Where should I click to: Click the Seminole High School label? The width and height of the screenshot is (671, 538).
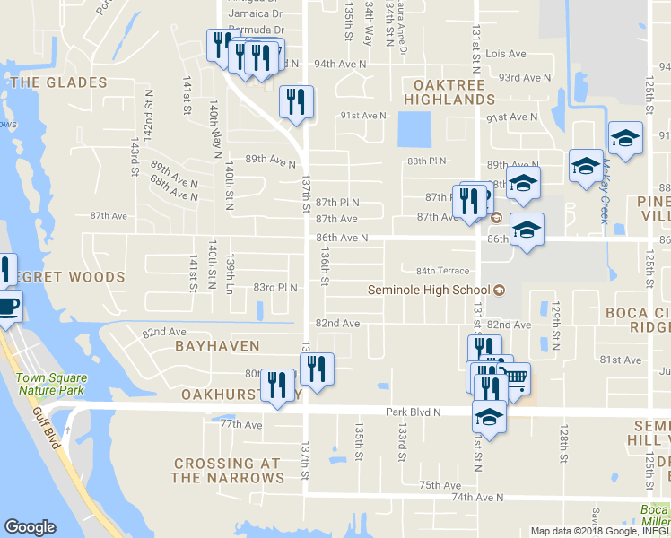click(429, 290)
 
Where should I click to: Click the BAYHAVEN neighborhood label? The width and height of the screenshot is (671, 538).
click(217, 345)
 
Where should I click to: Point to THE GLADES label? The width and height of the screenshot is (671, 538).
click(58, 82)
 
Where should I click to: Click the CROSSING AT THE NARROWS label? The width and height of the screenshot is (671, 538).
click(228, 471)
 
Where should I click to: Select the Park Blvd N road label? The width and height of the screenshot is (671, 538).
click(414, 412)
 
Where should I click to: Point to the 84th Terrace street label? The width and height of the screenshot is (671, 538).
click(442, 271)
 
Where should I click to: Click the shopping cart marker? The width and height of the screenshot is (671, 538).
click(515, 377)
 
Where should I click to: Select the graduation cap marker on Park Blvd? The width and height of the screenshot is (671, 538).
click(489, 416)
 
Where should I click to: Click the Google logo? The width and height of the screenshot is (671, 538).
click(30, 527)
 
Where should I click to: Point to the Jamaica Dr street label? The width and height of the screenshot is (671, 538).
click(255, 13)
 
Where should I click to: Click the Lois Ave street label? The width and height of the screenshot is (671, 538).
click(505, 55)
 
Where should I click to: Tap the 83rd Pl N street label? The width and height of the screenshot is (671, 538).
click(274, 288)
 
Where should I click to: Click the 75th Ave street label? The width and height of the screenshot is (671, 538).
click(439, 485)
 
